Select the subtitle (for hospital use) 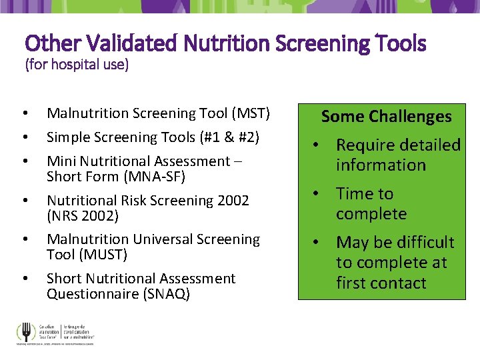coord(77,65)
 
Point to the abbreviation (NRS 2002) coord(82,216)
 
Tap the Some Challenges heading coord(386,117)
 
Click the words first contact coord(381,283)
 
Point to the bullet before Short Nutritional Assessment coord(23,279)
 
